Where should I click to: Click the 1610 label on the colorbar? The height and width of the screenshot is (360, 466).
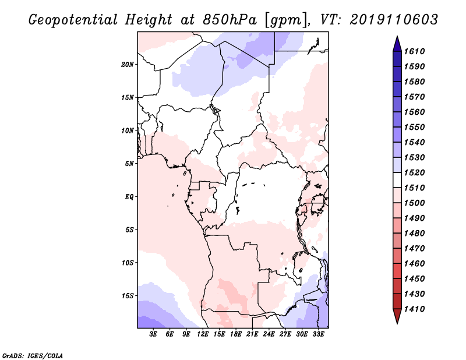coord(414,51)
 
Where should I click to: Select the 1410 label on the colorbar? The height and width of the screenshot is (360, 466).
coord(414,309)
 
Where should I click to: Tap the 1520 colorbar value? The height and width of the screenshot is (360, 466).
coord(414,172)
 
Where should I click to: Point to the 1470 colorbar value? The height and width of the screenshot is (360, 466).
coord(414,249)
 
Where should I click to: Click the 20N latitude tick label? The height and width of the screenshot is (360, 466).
coord(128,65)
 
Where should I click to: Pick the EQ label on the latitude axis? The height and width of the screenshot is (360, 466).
coord(129,197)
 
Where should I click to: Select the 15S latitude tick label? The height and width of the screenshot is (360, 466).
coord(128,296)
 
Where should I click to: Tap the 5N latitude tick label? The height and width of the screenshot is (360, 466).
coord(129,164)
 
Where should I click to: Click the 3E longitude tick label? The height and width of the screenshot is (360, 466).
coord(153,334)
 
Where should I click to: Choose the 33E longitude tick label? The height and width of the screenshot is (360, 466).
coord(318,334)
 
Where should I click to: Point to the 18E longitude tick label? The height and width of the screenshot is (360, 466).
coord(236,334)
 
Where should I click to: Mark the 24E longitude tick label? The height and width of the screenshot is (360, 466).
coord(269,334)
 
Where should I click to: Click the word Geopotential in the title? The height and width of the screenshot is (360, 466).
coord(73,20)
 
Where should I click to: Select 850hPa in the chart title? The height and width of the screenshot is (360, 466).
coord(230,20)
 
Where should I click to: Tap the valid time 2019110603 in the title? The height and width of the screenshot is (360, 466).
coord(394,20)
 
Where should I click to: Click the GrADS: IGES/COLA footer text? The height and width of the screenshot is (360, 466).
coord(33,356)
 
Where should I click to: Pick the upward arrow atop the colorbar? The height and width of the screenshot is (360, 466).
coord(397,44)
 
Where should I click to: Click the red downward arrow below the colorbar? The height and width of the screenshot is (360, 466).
coord(397,316)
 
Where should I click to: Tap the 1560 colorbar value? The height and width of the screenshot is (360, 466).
coord(414,112)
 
